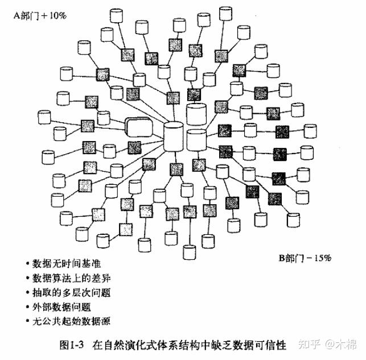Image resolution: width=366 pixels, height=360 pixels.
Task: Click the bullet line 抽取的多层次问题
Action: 71,292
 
